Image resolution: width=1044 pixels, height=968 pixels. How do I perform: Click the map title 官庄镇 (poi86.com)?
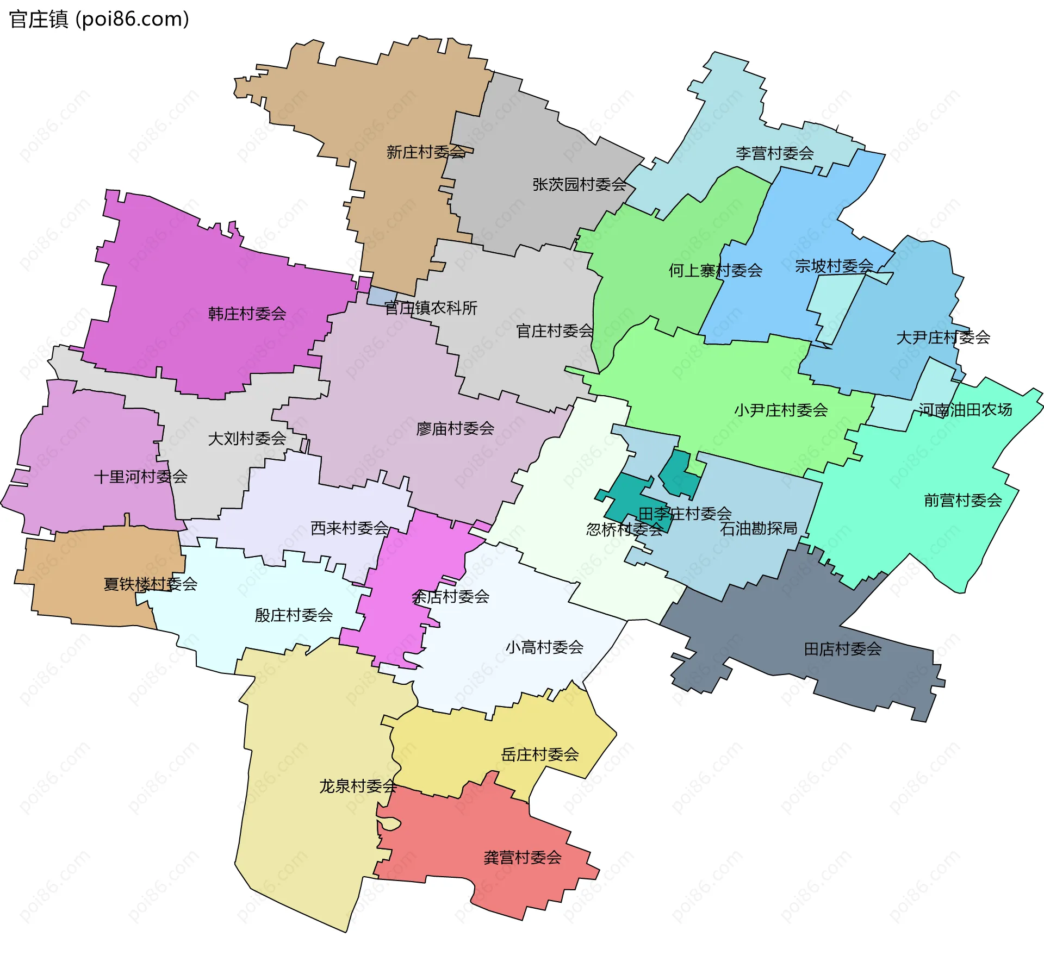[x=99, y=20]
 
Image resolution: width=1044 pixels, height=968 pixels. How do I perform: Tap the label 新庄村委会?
[x=426, y=152]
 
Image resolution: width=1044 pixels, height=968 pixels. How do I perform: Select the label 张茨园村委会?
[x=579, y=185]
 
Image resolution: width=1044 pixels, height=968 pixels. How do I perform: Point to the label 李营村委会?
[x=774, y=153]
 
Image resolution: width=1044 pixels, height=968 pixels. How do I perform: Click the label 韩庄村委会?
[x=247, y=314]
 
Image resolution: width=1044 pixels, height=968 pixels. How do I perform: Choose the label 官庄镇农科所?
[x=431, y=308]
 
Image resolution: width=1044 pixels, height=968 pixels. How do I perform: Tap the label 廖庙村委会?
[x=455, y=429]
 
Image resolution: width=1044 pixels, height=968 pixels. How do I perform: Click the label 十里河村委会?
[x=140, y=477]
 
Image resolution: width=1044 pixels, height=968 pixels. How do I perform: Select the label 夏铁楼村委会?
[x=150, y=584]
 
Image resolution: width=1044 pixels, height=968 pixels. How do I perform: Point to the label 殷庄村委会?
[x=294, y=615]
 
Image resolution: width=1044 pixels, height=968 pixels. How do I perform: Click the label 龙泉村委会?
[x=358, y=786]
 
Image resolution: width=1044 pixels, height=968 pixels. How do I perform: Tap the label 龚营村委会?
[x=522, y=858]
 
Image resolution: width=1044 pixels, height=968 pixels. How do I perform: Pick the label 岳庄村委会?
[x=539, y=754]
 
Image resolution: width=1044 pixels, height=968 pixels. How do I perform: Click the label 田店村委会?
[x=842, y=649]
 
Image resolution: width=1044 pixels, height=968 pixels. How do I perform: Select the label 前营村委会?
[x=962, y=500]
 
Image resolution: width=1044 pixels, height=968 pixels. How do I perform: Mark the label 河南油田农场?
[x=965, y=410]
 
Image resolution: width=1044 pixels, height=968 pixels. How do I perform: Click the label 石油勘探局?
[x=759, y=528]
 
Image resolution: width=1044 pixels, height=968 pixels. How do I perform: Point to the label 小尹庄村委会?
[x=781, y=410]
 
